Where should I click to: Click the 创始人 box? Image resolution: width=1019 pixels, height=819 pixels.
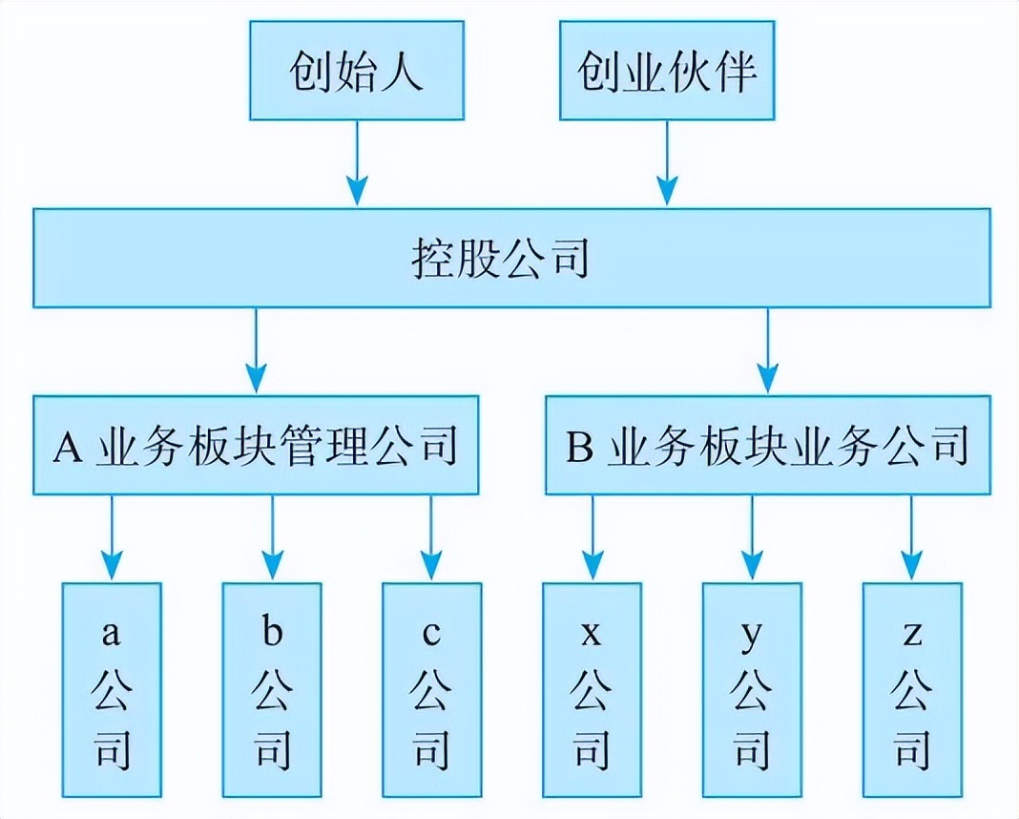pos(357,71)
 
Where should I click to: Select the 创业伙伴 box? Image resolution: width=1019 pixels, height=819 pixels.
pos(667,71)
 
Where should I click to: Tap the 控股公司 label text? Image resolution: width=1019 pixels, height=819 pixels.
pos(500,259)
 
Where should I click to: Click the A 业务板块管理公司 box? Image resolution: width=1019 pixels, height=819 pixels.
pos(256,445)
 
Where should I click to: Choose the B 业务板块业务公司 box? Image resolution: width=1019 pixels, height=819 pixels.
pos(768,445)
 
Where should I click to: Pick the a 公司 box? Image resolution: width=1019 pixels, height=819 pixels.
pos(112,690)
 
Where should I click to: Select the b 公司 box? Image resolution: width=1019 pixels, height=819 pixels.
pos(272,690)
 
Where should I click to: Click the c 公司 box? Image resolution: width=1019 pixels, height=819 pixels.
pos(431,690)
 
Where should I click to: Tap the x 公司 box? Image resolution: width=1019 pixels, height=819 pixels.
pos(593,690)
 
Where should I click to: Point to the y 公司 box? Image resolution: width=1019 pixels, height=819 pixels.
pos(752,690)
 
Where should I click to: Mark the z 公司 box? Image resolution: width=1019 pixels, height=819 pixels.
pos(912,690)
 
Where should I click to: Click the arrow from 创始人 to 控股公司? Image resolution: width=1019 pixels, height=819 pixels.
pos(357,163)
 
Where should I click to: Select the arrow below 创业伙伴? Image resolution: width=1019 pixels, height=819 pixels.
pos(667,163)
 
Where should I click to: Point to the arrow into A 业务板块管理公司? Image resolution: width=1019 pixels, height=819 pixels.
pos(256,350)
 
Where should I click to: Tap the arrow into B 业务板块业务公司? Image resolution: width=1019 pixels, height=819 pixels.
pos(768,350)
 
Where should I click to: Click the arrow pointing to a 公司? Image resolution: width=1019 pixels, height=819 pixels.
pos(112,537)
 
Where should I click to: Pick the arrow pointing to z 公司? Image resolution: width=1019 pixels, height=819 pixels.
pos(912,537)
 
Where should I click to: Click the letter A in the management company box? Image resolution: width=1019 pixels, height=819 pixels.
pos(68,447)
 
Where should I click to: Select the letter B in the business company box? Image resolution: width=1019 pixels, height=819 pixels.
pos(579,447)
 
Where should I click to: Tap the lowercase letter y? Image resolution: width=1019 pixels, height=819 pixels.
pos(751,636)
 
